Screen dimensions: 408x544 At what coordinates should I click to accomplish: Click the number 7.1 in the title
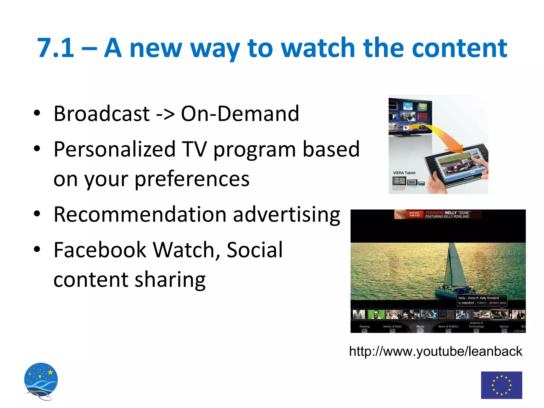coord(56,48)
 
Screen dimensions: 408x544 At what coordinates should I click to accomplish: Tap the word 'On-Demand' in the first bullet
coord(240,114)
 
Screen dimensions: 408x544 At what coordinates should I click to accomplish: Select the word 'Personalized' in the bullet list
coord(114,149)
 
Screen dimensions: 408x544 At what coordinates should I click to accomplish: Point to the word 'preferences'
coord(192,179)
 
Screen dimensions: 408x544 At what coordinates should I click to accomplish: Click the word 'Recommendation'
coord(140,214)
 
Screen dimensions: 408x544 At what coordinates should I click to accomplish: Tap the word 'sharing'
coord(170,279)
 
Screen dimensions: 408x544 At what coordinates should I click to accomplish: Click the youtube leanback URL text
coord(435,351)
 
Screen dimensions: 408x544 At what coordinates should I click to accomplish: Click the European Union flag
coord(501,385)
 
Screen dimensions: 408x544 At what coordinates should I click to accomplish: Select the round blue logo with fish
coord(41,381)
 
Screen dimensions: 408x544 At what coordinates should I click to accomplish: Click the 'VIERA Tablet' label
coord(404,173)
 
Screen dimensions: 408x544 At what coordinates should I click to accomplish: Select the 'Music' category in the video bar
coord(420,326)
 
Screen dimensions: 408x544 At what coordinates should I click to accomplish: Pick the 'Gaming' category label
coord(364,326)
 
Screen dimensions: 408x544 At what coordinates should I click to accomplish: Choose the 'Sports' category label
coord(504,326)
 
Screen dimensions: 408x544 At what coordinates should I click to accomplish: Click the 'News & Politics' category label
coord(448,326)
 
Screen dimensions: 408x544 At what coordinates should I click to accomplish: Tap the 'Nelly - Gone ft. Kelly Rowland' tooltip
coord(481,300)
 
